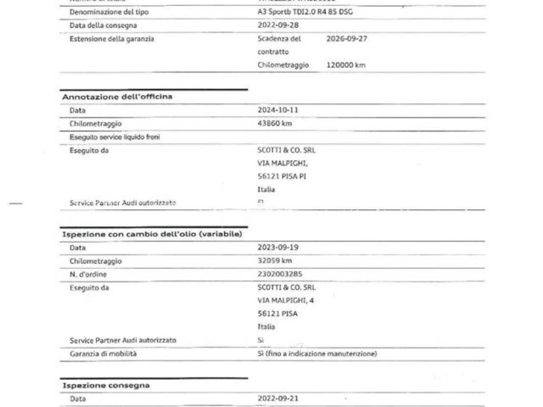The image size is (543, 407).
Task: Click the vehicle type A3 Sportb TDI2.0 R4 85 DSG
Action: click(x=305, y=12)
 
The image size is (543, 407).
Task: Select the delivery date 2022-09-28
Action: click(x=278, y=25)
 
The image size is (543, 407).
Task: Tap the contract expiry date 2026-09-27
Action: click(x=347, y=39)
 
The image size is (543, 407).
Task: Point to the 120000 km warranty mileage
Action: click(x=346, y=65)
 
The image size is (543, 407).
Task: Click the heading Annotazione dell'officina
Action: click(x=117, y=97)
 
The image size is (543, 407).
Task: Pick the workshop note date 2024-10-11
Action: click(x=278, y=110)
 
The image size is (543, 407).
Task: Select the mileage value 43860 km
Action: click(x=275, y=123)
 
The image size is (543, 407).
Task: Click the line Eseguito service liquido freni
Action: click(x=114, y=137)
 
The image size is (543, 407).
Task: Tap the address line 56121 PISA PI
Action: click(x=282, y=176)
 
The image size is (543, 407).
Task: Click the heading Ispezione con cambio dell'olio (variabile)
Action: click(x=152, y=234)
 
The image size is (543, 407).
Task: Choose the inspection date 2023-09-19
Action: click(x=278, y=247)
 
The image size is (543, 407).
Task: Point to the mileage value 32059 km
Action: click(x=275, y=260)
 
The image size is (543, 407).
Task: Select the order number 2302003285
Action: click(x=280, y=274)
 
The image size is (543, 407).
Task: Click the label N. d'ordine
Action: click(x=88, y=274)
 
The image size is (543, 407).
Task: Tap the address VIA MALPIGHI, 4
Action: click(x=286, y=300)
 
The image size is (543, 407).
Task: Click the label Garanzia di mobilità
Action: click(x=103, y=354)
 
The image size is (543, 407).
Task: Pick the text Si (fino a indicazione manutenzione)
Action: click(x=317, y=354)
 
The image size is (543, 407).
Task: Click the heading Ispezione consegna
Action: click(x=106, y=385)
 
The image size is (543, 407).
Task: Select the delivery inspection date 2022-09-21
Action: click(x=278, y=398)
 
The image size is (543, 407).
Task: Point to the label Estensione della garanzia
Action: click(x=112, y=39)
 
